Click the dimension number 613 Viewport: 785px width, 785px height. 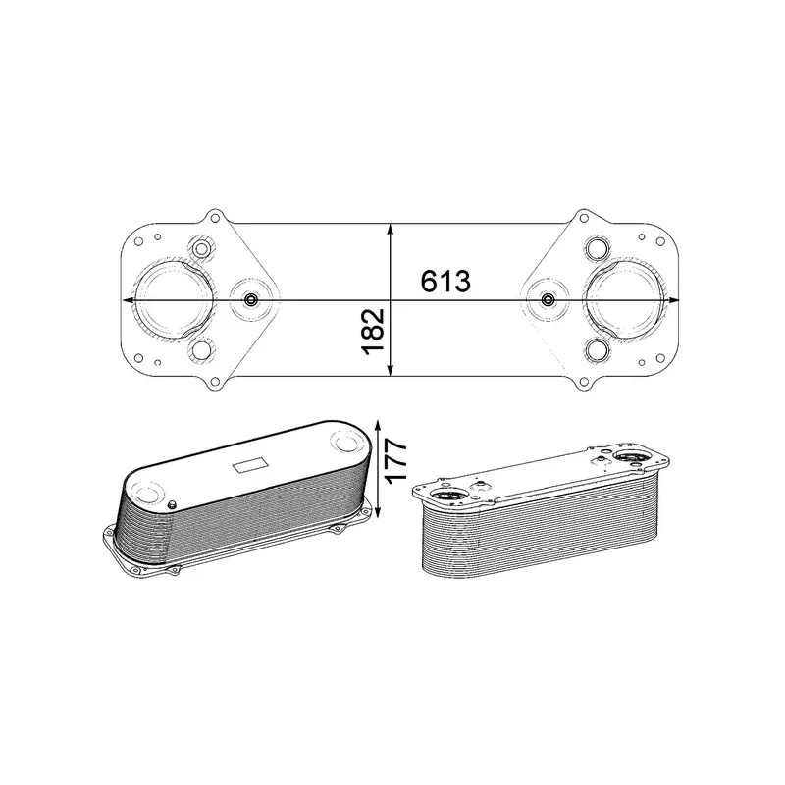tap(445, 281)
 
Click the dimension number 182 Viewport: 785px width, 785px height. tap(373, 332)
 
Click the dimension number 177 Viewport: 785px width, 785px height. tap(396, 459)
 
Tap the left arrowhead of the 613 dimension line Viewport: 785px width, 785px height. tap(128, 300)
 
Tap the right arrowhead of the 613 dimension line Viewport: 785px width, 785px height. tap(674, 300)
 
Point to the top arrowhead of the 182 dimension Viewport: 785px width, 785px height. tap(391, 230)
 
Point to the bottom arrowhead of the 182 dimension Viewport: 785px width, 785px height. tap(391, 370)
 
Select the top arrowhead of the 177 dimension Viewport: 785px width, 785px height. tap(378, 425)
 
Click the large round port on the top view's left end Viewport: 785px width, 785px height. tap(173, 300)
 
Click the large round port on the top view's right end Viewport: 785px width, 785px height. tap(628, 300)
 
